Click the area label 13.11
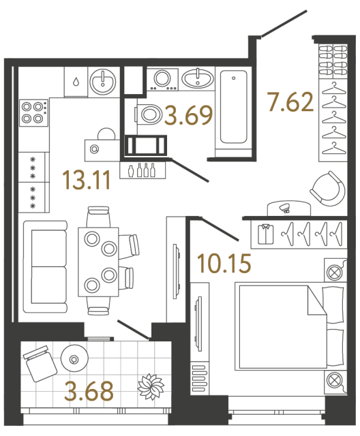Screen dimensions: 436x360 coord(86,181)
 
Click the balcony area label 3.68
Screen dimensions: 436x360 coord(89,392)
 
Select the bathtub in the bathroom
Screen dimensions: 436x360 coord(232,108)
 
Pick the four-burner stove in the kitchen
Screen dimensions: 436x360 coord(33,112)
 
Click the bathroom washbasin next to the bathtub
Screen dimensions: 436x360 coord(198,80)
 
